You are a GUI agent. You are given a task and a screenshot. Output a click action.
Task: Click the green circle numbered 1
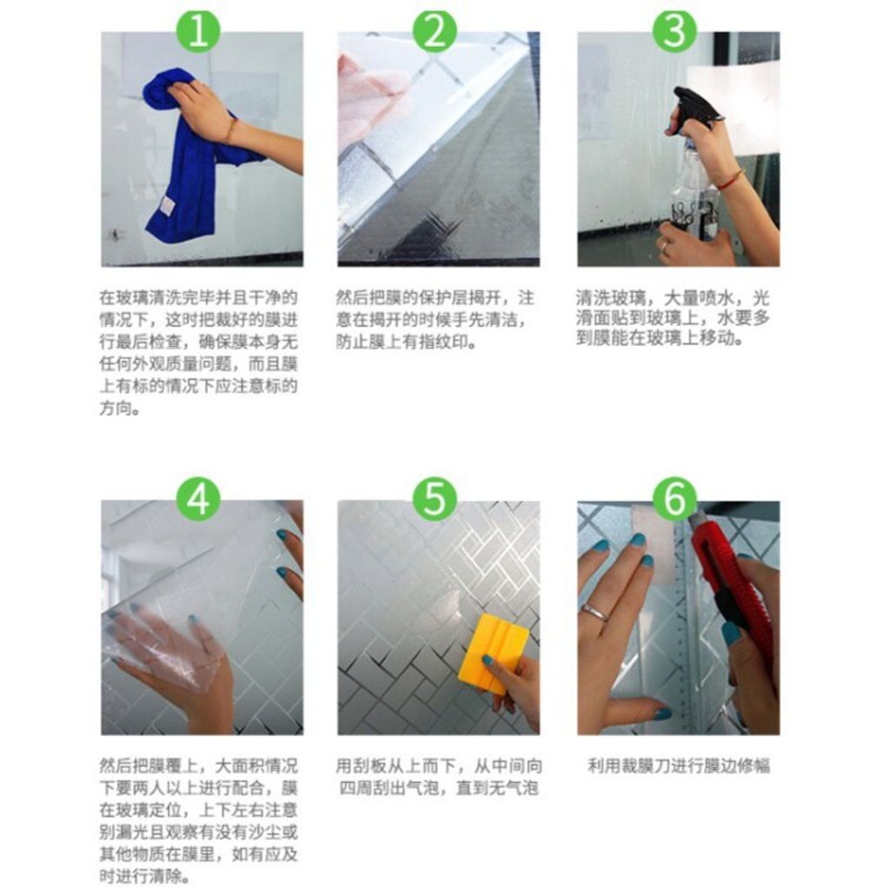point(198,30)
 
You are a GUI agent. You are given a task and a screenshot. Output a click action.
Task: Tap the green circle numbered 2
point(435,30)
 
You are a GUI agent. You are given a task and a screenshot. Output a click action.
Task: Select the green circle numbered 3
point(674,30)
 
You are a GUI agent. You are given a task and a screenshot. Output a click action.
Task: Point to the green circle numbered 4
point(198,500)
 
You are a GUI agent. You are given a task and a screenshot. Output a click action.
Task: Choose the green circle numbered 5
point(435,500)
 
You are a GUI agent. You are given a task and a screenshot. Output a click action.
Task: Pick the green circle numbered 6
point(674,500)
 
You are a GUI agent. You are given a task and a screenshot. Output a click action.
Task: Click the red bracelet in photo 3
point(729,181)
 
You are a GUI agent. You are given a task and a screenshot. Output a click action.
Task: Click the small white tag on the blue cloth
point(166,205)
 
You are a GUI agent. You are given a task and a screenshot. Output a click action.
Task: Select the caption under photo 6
point(678,766)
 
